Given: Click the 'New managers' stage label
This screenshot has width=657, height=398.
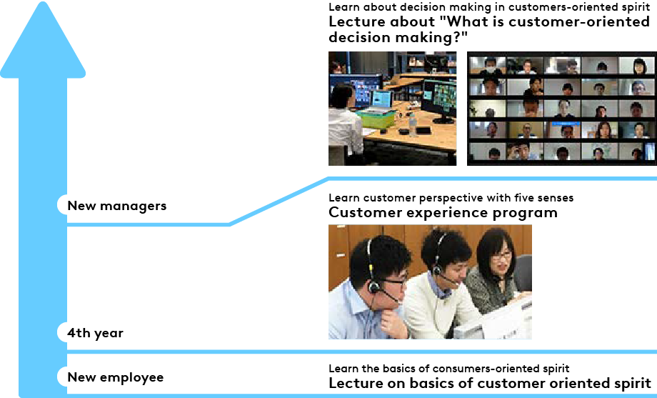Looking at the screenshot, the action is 117,206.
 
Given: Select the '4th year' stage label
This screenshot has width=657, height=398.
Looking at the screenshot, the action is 95,332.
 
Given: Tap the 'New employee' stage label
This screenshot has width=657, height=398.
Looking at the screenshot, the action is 116,377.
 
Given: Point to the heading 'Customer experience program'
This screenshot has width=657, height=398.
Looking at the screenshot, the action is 443,213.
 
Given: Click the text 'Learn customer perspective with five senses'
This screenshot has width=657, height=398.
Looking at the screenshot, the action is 451,197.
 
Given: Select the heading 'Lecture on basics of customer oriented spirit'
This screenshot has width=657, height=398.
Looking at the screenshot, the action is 490,383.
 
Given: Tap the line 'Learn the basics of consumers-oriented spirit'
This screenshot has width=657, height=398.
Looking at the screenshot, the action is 448,368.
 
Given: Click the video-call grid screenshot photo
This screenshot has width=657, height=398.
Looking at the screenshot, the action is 562,108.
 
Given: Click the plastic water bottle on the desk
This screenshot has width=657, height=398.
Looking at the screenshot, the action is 412,124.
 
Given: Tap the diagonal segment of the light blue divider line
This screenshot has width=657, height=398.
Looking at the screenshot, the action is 279,202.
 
